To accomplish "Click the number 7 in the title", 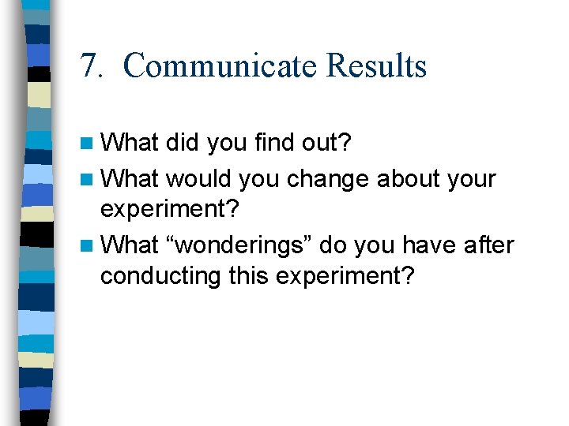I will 87,66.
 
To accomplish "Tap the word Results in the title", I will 377,66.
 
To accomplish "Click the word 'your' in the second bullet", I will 473,179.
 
